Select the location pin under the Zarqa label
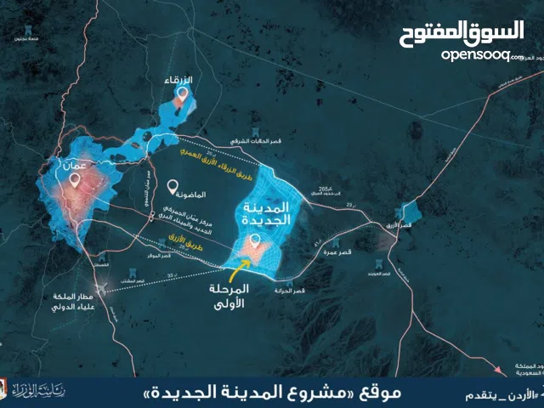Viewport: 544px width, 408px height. (178, 99)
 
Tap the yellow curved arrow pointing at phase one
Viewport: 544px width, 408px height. (242, 270)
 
